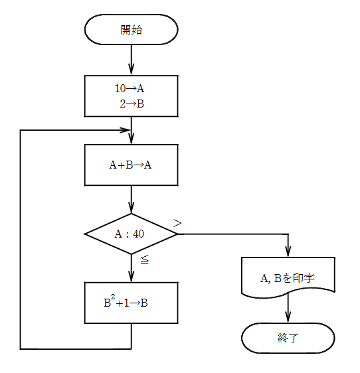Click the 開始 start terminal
pyautogui.click(x=131, y=30)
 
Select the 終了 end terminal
pyautogui.click(x=288, y=338)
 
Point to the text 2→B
pyautogui.click(x=134, y=103)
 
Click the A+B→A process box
pyautogui.click(x=131, y=165)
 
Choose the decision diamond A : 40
pyautogui.click(x=131, y=234)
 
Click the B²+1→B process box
pyautogui.click(x=131, y=303)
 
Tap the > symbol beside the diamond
pyautogui.click(x=177, y=223)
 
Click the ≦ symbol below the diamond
pyautogui.click(x=144, y=260)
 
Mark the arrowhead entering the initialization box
pyautogui.click(x=131, y=70)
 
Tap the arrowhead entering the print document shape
pyautogui.click(x=288, y=253)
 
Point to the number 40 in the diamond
pyautogui.click(x=138, y=234)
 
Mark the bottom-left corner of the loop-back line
pyautogui.click(x=21, y=348)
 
